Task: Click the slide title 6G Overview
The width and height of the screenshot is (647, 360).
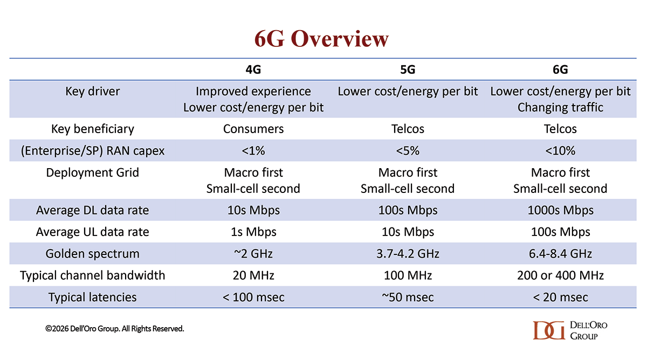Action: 321,39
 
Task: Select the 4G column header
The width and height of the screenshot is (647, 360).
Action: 253,70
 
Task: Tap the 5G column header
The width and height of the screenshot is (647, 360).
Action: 408,70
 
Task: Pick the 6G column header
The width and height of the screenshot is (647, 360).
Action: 560,70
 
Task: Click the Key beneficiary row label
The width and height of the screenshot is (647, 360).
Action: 92,129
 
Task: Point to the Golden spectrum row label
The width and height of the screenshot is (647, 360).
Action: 92,253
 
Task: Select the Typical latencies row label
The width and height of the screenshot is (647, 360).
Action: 92,297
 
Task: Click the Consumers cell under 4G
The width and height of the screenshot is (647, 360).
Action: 253,129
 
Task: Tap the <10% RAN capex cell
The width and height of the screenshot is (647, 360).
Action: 560,151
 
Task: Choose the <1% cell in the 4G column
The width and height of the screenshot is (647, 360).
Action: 253,151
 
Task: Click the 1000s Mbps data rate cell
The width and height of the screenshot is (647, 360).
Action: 560,210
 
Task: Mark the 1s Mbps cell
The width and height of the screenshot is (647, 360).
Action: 253,232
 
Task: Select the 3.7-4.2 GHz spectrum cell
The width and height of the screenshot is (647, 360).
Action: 408,253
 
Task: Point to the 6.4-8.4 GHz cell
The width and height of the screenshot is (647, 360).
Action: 560,253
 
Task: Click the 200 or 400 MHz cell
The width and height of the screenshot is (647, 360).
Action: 560,275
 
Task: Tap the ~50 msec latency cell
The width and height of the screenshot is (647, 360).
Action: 408,297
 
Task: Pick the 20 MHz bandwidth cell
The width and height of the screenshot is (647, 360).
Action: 253,275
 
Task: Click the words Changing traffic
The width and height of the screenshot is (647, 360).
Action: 560,107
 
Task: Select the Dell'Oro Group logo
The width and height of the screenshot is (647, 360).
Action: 570,330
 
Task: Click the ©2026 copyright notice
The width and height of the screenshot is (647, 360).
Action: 114,329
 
